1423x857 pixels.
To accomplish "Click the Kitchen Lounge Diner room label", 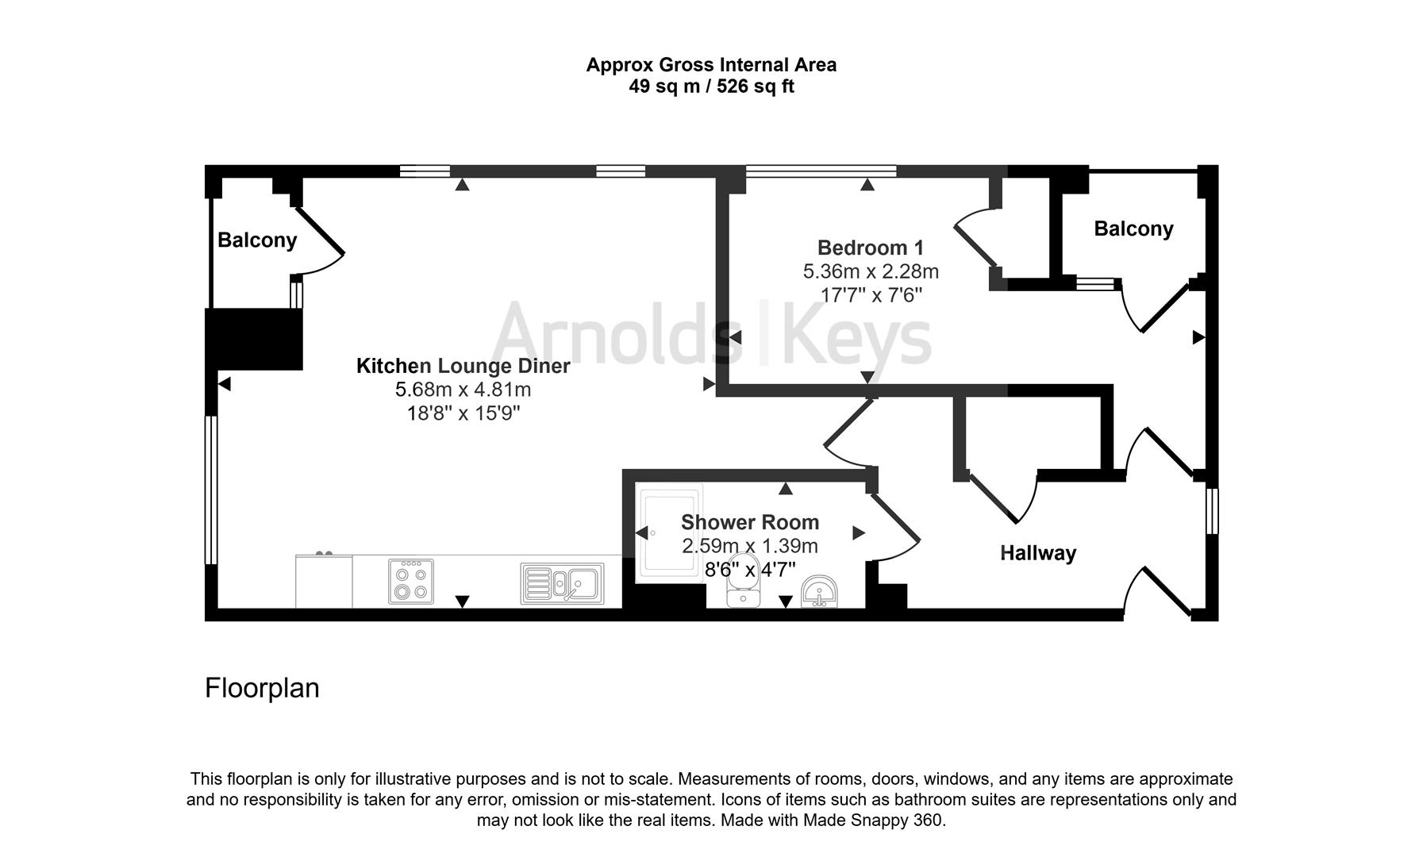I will (x=463, y=366).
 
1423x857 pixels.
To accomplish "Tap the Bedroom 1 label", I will (x=870, y=248).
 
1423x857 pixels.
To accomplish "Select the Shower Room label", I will (x=749, y=522).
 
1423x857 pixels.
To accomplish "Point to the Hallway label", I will (x=1037, y=553).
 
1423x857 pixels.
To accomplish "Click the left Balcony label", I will (x=257, y=240).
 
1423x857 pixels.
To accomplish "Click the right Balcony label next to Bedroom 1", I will (x=1133, y=229).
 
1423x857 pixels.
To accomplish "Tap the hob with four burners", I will (x=411, y=582).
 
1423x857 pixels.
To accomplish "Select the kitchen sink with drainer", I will (x=562, y=584).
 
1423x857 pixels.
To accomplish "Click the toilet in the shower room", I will (x=743, y=590).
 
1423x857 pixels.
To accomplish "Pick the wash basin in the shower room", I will (x=818, y=592).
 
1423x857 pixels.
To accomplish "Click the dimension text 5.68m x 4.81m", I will (x=463, y=390).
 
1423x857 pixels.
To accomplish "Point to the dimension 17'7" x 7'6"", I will (x=871, y=295).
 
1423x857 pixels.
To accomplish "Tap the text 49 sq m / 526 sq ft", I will (x=711, y=86).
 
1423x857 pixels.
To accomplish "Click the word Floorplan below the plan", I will (x=262, y=688).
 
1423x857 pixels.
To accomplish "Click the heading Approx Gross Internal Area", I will (x=711, y=65).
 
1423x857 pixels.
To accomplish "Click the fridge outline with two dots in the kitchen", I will (x=324, y=580).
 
